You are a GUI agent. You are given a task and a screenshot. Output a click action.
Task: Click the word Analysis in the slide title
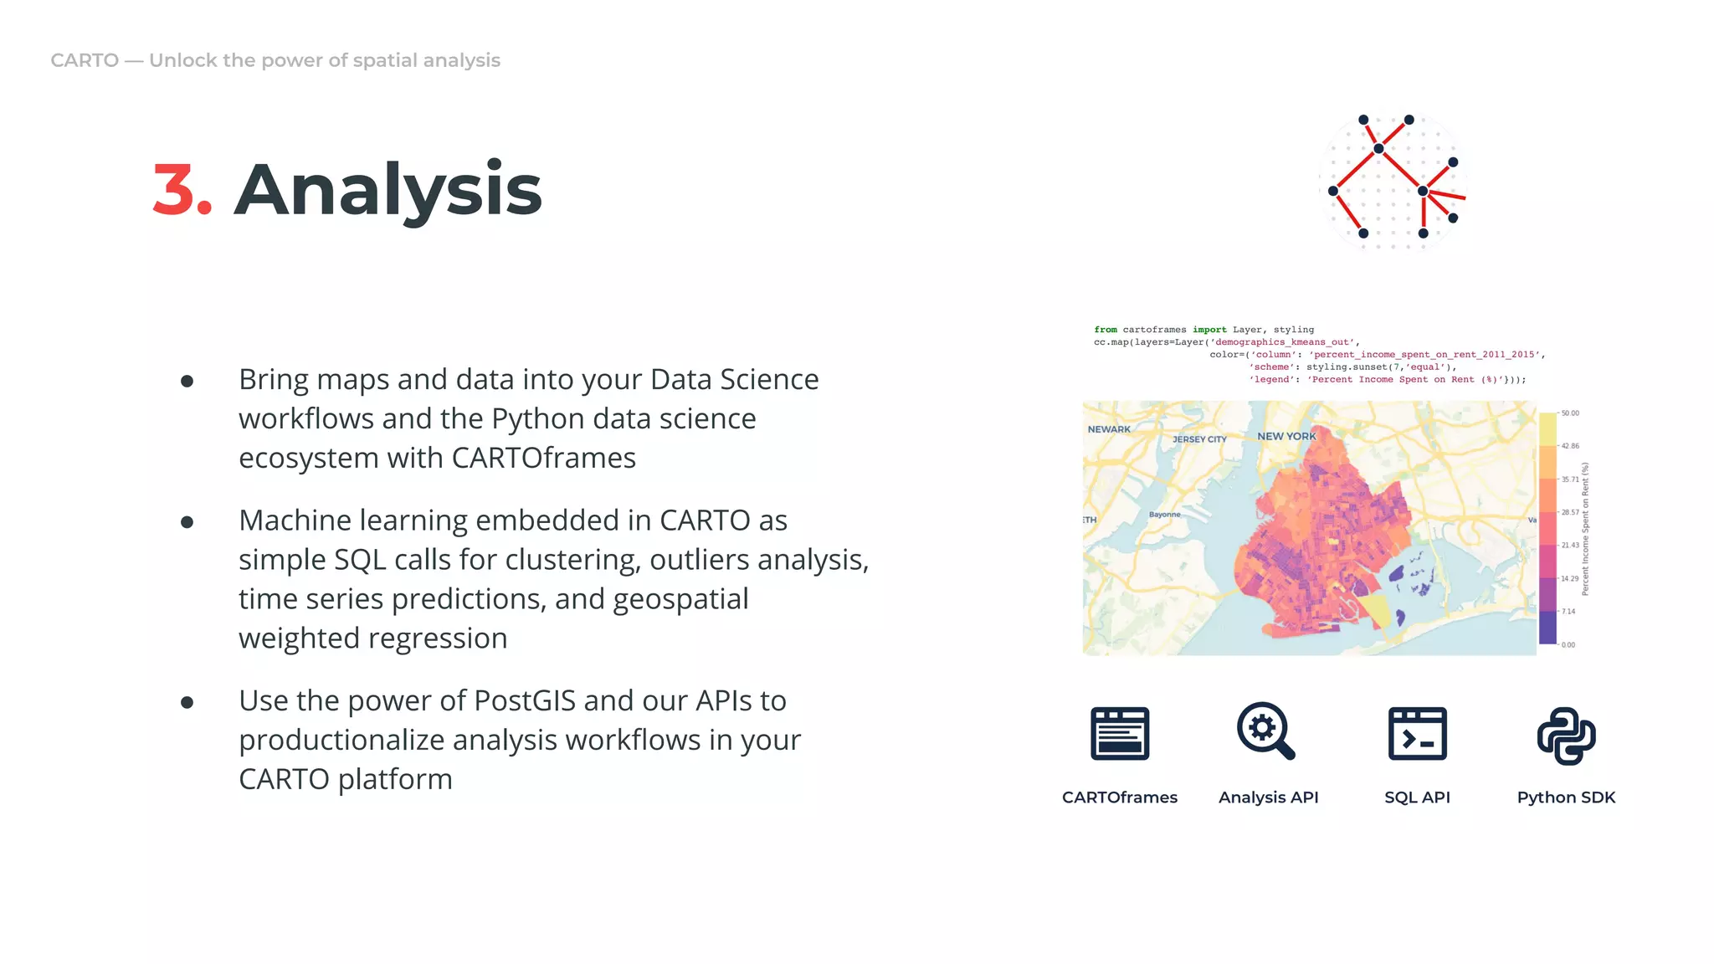click(387, 191)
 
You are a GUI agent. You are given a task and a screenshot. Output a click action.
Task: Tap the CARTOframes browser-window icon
click(1119, 734)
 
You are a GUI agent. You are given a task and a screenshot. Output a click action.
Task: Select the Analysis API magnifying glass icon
click(1265, 731)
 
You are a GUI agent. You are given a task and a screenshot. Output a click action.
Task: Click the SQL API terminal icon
click(1417, 734)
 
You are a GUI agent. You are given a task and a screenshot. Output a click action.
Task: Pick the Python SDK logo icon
click(1566, 736)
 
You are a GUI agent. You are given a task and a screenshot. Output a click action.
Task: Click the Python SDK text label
click(1566, 797)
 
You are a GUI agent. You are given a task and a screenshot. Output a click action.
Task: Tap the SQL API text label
click(1417, 797)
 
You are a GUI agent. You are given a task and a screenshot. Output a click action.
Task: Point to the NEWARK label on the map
click(1109, 429)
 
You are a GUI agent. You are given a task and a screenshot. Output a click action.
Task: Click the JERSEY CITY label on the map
click(1199, 439)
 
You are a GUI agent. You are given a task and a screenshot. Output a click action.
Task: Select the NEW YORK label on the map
click(1286, 436)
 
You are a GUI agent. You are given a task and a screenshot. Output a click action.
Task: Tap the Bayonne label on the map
click(1164, 515)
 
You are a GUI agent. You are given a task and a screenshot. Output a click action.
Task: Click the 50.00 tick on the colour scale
click(1569, 413)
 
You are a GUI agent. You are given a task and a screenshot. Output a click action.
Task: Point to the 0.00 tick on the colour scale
click(1568, 644)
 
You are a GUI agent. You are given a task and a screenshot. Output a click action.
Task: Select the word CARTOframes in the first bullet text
click(543, 458)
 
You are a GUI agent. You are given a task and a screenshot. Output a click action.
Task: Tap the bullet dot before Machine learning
click(187, 522)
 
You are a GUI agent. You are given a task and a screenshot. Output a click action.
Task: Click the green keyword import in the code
click(1209, 330)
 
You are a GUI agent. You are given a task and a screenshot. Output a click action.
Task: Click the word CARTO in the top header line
click(85, 60)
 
